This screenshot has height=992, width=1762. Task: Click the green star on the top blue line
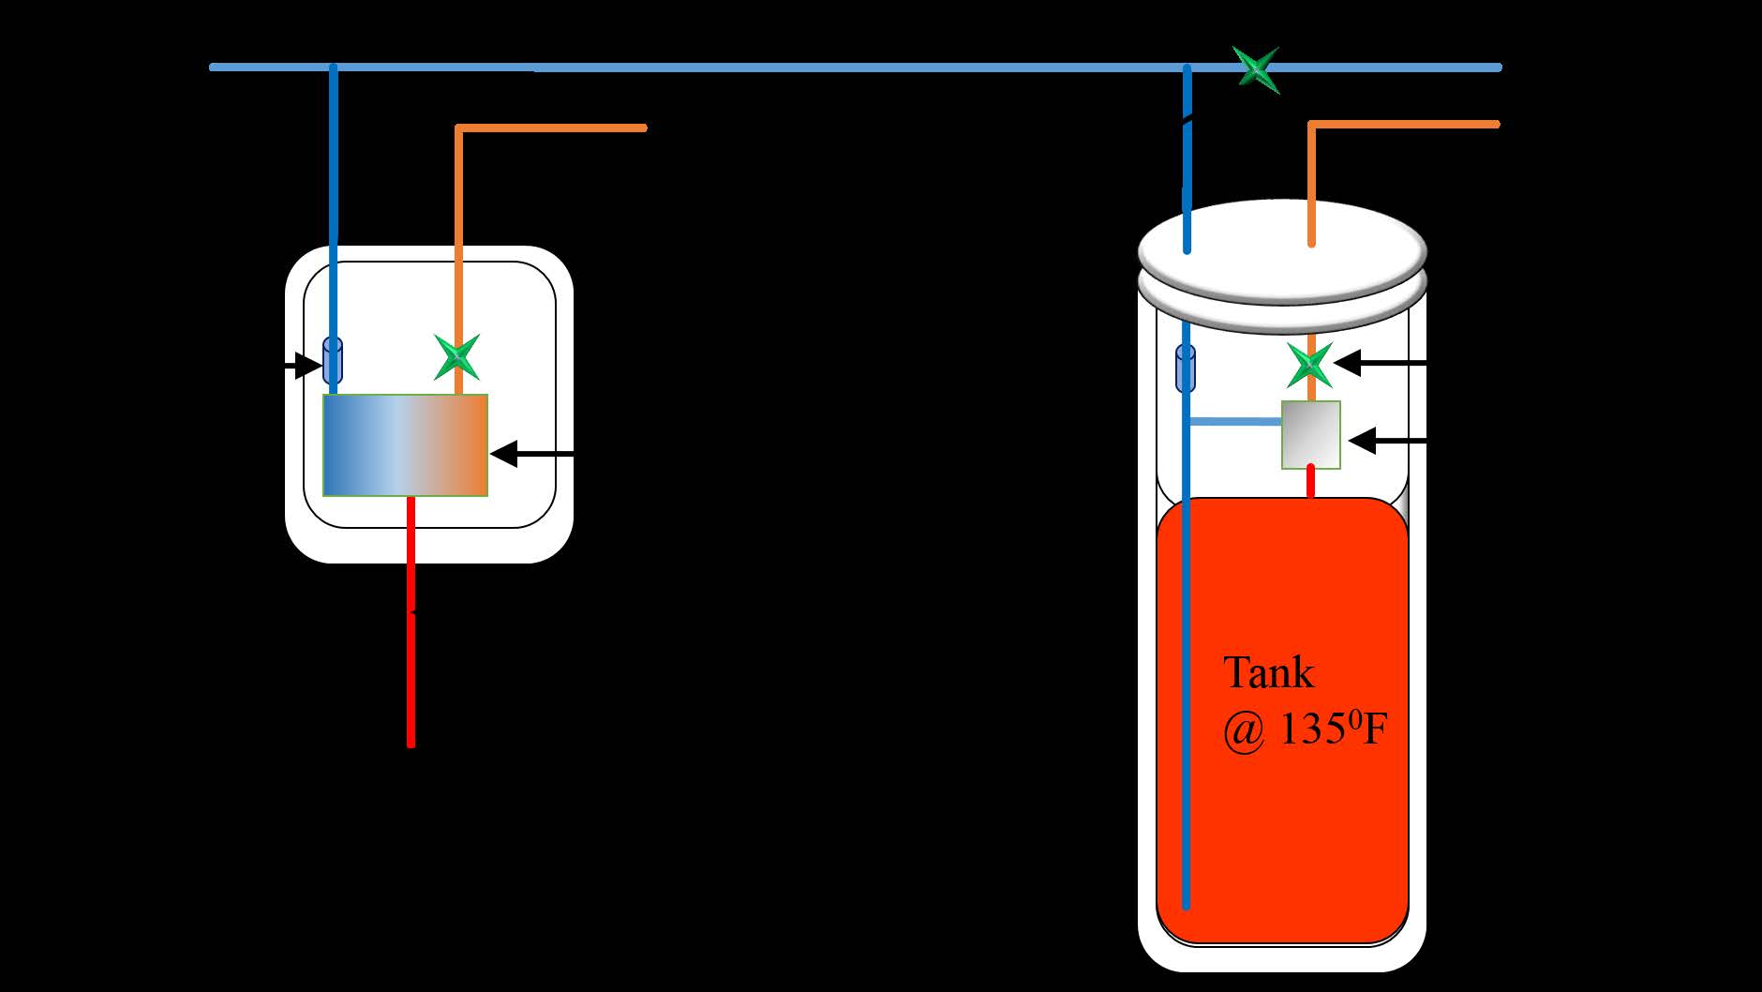[x=1256, y=68]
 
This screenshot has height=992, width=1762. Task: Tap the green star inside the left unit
[x=457, y=357]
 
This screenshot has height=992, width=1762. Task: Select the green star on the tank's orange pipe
[x=1310, y=364]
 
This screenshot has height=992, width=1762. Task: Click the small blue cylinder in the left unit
[x=333, y=361]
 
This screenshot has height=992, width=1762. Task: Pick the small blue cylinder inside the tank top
[x=1186, y=367]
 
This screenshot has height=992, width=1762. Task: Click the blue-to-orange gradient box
[x=405, y=444]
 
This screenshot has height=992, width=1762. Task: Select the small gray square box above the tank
[x=1311, y=434]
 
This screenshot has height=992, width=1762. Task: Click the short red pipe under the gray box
[x=1311, y=482]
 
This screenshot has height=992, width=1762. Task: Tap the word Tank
[x=1268, y=673]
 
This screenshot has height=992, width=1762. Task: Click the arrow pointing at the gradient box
[x=530, y=455]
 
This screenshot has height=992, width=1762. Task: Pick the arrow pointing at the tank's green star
[x=1379, y=362]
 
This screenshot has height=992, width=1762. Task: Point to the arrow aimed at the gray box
[x=1386, y=440]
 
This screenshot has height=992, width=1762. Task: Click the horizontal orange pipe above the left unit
[x=553, y=128]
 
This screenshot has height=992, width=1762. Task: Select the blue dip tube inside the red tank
[x=1187, y=703]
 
